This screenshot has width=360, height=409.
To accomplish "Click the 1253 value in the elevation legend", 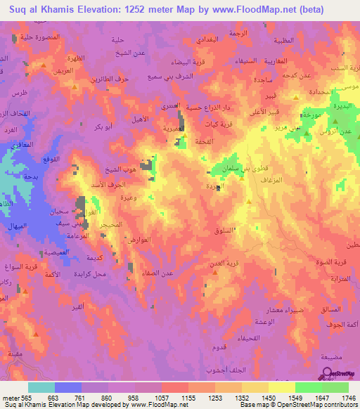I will (x=215, y=397).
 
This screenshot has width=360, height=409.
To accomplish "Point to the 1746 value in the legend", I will (x=349, y=397).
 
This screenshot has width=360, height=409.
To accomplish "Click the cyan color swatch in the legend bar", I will (x=41, y=387).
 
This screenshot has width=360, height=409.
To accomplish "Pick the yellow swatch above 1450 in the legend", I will (x=281, y=387).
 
